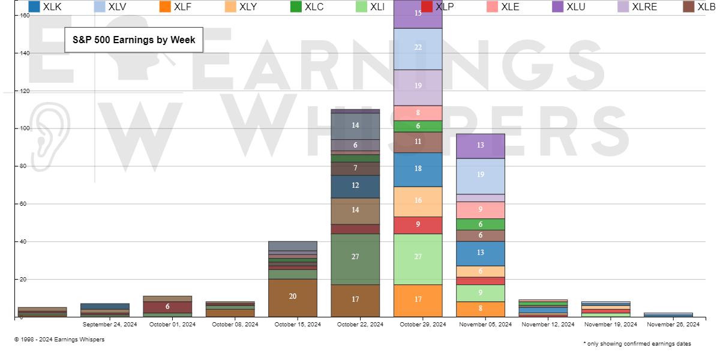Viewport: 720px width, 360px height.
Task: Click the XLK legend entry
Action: coord(45,7)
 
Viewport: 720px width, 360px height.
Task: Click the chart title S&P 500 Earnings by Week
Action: coord(134,40)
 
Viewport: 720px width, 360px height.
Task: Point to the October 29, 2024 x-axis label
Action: coord(418,325)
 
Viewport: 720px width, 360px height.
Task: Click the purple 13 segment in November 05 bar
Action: coord(481,146)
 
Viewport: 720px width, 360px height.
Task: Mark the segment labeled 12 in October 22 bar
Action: coord(355,187)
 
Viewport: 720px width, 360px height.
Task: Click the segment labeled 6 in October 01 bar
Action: coord(167,307)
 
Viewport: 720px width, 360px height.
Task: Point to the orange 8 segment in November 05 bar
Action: coord(481,309)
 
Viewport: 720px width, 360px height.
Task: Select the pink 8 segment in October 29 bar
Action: coord(418,113)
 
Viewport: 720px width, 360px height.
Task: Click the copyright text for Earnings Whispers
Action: coord(59,340)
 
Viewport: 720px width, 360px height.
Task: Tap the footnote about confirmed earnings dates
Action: coord(637,344)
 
